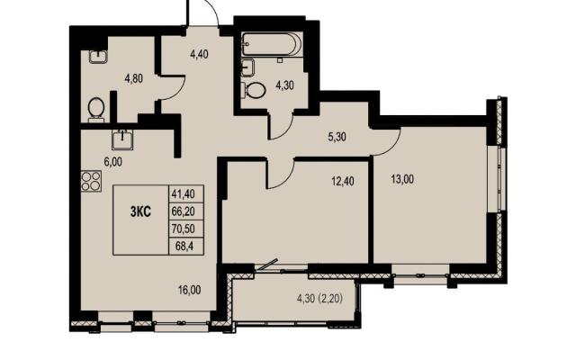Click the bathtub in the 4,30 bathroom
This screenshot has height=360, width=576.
point(272,44)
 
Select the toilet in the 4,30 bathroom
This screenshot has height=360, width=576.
point(254,90)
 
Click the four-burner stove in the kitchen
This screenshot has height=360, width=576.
point(91,181)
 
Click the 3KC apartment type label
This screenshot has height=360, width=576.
point(140,212)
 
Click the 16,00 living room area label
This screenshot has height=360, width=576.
point(190,290)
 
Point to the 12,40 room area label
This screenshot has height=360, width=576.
point(342,181)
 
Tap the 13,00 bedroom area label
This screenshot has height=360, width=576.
point(402,180)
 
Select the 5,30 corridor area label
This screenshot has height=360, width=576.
point(337,137)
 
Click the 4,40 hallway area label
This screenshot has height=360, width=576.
point(199,54)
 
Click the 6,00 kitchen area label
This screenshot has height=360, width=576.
point(113,162)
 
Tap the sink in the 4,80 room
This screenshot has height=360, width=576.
point(98,57)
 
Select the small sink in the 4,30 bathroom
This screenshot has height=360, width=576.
point(248,67)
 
